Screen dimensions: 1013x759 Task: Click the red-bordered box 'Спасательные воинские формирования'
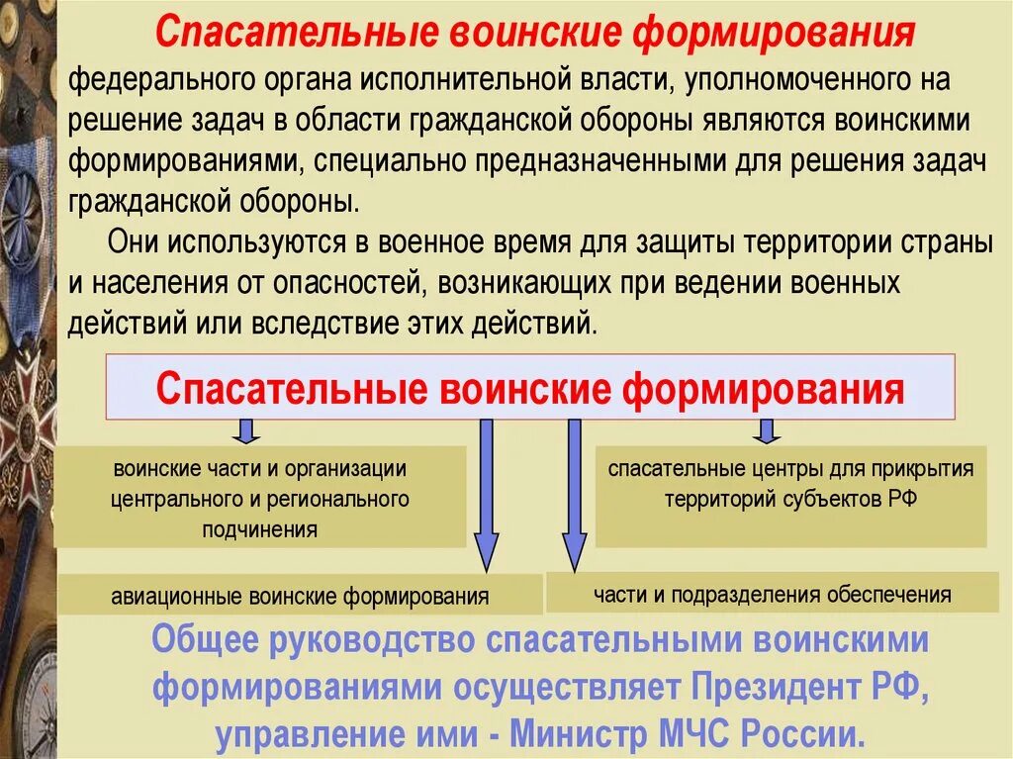530,387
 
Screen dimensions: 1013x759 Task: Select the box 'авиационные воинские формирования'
300,596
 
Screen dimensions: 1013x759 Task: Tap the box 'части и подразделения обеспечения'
772,594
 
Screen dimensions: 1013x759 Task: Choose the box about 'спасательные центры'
790,484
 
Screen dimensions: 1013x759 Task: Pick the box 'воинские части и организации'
259,498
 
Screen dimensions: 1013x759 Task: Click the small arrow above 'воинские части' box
247,430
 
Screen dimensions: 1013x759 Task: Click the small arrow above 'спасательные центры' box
766,430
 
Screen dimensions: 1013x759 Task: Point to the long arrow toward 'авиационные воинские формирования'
485,495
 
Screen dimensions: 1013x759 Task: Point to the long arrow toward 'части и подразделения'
575,495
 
